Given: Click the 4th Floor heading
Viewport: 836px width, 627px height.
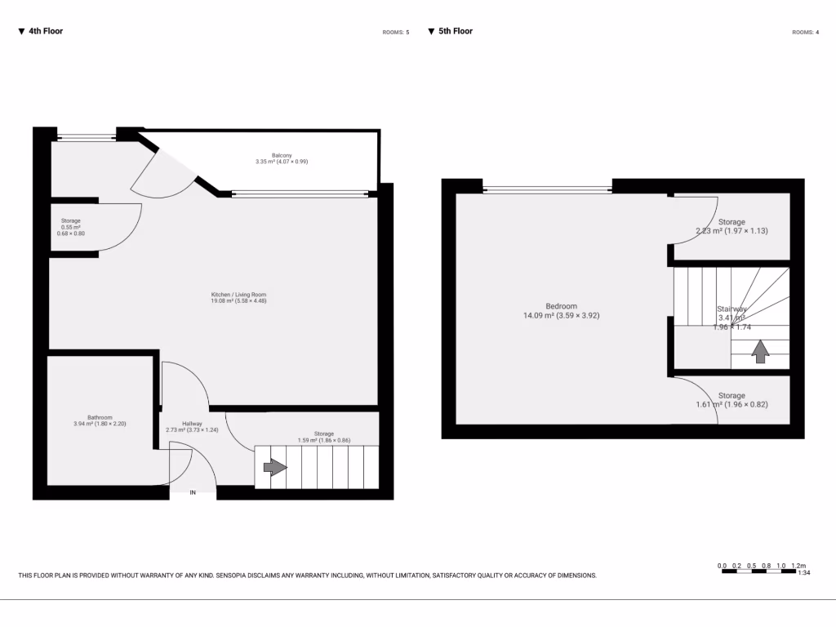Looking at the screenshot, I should click(41, 32).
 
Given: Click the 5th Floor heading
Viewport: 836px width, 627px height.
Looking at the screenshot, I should click(451, 32).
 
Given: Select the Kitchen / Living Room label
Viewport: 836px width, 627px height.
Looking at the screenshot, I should click(238, 297).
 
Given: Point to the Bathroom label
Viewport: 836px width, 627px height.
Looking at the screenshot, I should click(100, 420).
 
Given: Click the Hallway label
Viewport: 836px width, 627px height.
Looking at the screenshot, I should click(193, 426).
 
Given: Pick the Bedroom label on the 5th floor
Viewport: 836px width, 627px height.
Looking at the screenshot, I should click(562, 310).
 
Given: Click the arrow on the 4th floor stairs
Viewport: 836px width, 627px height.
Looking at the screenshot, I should click(275, 468).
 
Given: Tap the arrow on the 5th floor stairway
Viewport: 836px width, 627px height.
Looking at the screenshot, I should click(760, 352).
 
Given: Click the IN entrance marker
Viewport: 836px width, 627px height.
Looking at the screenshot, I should click(193, 492).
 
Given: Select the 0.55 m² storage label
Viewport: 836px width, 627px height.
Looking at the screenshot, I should click(70, 227).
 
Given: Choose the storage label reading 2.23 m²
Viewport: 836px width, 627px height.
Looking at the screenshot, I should click(731, 226).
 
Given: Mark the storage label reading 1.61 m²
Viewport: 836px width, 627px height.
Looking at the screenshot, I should click(731, 400).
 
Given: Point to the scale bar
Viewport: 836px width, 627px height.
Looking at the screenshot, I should click(760, 571).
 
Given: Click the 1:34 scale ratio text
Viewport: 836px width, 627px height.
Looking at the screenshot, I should click(803, 573).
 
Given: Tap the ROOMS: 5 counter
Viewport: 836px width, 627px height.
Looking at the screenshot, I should click(395, 33).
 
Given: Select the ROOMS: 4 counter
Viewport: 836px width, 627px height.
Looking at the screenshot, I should click(805, 33).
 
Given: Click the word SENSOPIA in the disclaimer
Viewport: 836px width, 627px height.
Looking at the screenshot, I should click(246, 576).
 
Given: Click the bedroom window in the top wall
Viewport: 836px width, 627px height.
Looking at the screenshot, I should click(547, 189).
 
